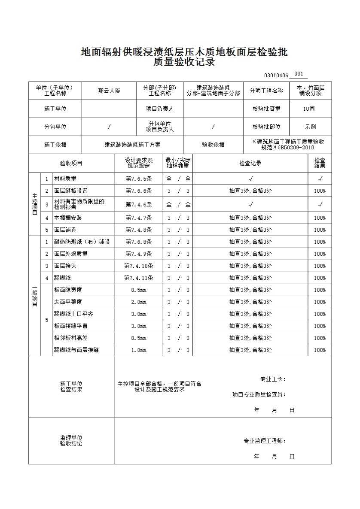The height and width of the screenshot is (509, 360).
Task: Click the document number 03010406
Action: [276, 75]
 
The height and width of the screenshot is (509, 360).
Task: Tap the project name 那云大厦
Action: [109, 91]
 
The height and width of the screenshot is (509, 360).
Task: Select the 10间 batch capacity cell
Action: [309, 109]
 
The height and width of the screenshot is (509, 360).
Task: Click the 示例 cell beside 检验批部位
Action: [310, 127]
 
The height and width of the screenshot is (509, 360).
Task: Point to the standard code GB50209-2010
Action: [296, 148]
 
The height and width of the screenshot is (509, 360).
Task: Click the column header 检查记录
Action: [250, 163]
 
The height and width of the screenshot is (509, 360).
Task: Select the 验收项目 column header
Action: [71, 163]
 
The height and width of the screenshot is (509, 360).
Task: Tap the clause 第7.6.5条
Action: [138, 179]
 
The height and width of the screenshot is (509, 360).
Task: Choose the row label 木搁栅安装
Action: [68, 218]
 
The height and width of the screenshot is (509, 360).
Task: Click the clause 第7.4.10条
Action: [138, 266]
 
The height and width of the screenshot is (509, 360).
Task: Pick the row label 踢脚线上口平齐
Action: [73, 314]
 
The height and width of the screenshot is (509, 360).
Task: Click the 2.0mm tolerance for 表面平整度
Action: [138, 302]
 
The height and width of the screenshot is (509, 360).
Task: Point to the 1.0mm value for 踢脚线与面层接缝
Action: [138, 350]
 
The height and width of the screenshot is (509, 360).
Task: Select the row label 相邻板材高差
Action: [71, 338]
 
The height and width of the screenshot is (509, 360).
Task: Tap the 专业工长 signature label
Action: [273, 379]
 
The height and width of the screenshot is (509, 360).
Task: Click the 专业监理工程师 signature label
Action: [265, 441]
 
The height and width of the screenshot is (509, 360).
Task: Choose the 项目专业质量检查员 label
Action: [259, 394]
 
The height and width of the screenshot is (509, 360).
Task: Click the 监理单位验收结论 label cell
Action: [71, 441]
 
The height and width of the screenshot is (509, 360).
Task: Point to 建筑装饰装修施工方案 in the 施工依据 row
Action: [132, 145]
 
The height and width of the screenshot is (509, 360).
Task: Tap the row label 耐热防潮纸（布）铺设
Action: [82, 242]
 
